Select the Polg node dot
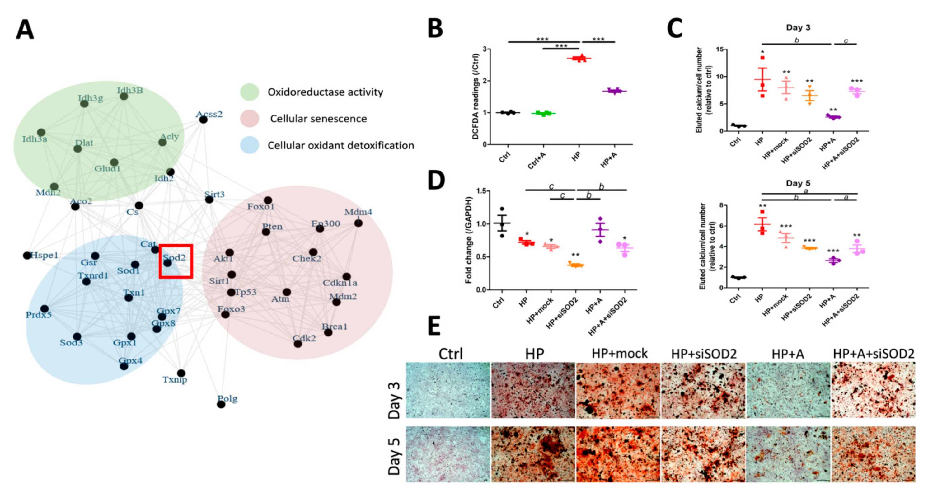[221, 404]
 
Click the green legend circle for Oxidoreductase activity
[250, 92]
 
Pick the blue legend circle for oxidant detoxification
[250, 145]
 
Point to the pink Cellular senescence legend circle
[250, 119]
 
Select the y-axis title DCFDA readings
[475, 96]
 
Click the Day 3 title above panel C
[798, 28]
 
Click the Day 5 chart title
[798, 183]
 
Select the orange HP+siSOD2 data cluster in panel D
[576, 265]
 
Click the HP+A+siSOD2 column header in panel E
[874, 354]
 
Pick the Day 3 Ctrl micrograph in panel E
[448, 390]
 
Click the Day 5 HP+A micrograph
[788, 454]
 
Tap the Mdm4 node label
[358, 212]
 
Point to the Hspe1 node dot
[27, 256]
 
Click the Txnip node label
[175, 379]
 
